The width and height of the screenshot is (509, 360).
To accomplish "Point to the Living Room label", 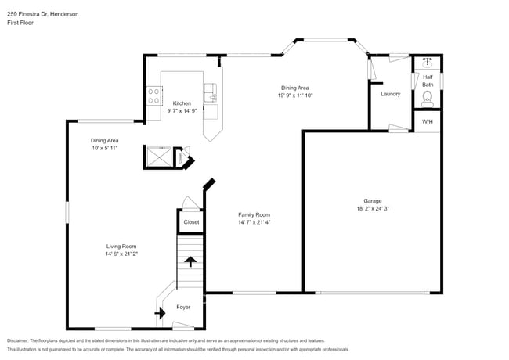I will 121,246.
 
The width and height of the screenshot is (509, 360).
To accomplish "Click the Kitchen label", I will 182,103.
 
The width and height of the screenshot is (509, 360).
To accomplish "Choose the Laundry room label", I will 390,94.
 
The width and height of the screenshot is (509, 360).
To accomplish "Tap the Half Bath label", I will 428,81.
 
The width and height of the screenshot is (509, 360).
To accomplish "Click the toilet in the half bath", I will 428,97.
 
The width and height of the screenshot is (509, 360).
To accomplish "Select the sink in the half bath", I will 428,62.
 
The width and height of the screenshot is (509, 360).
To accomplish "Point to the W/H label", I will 428,122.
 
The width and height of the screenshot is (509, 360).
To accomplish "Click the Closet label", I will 191,222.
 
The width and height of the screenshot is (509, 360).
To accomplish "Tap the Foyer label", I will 182,307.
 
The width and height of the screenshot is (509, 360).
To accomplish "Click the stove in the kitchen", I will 153,96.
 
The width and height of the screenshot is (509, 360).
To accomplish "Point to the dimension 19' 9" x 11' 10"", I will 294,95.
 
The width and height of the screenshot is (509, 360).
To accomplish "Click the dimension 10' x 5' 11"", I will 104,148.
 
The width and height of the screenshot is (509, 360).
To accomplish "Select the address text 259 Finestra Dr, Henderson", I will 44,14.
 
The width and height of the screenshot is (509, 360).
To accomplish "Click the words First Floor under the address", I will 21,23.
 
